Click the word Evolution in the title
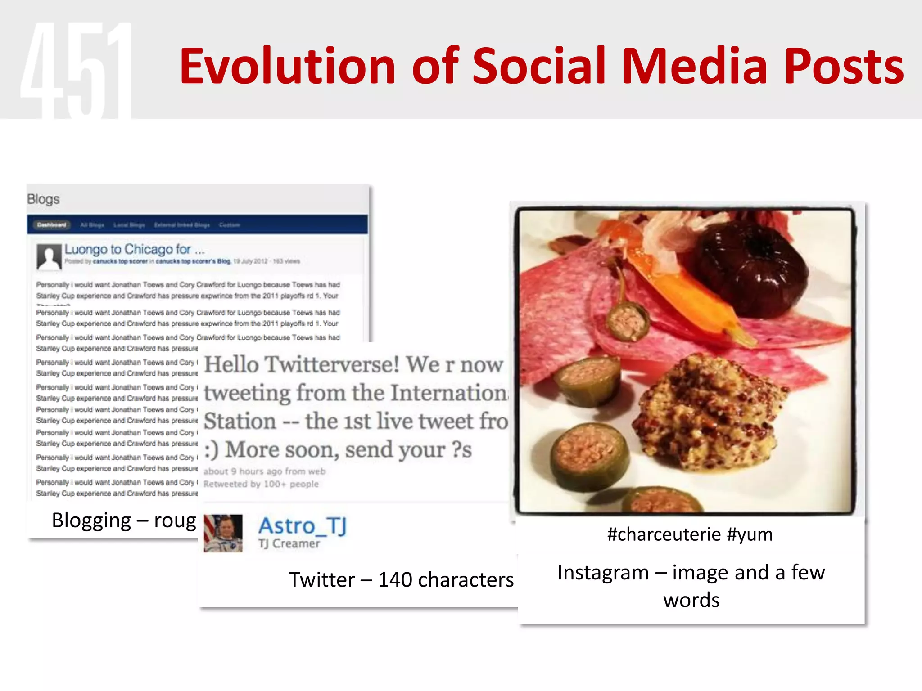coord(287,67)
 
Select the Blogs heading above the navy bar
coord(43,199)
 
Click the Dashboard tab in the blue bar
coord(51,225)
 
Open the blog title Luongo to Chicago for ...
coord(134,249)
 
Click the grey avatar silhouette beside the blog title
coord(49,257)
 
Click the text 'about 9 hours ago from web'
coord(264,471)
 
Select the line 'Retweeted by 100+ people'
coord(261,484)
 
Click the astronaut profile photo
coord(223,533)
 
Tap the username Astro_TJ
coord(302,526)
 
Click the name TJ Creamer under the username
coord(289,544)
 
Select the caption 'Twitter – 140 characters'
coord(401,579)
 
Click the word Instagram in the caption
coord(603,573)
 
